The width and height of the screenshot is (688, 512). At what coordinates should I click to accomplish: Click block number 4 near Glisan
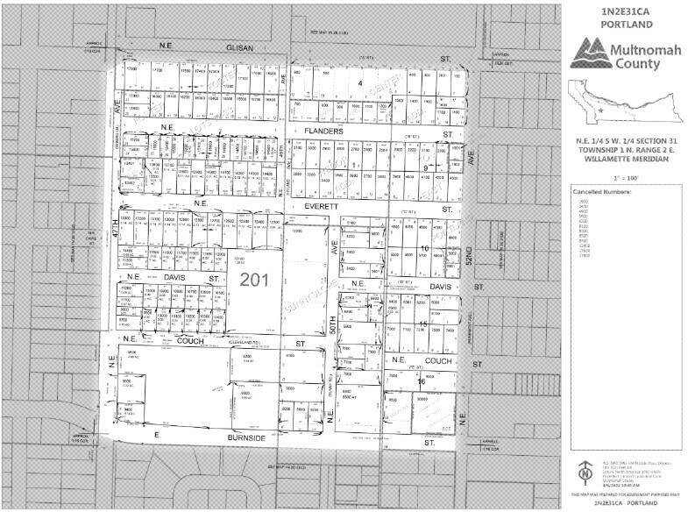[360, 83]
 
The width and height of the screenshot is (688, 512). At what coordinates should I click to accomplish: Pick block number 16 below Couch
[421, 382]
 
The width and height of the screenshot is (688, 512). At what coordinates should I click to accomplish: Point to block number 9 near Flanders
[427, 167]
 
